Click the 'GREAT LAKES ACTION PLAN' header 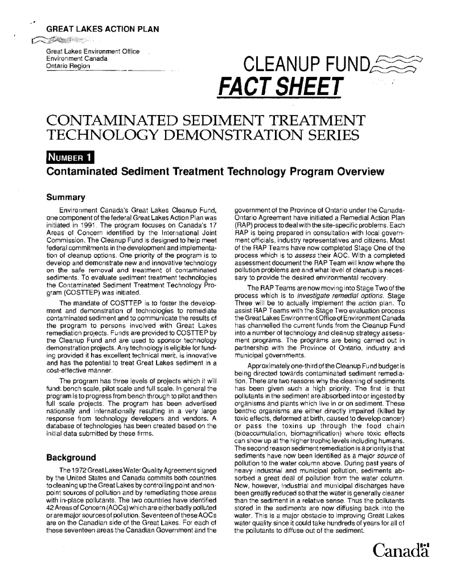(x=102, y=29)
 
